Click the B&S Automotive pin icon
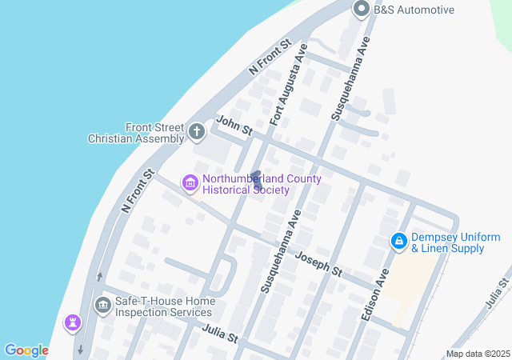click(x=361, y=10)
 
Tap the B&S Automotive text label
click(x=414, y=10)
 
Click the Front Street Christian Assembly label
click(x=136, y=133)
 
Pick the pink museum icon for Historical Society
click(x=190, y=184)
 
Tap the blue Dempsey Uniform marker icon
click(x=398, y=241)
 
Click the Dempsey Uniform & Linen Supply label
click(x=455, y=243)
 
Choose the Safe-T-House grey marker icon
click(x=102, y=305)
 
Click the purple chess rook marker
click(x=73, y=323)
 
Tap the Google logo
click(x=26, y=350)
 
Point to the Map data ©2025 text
click(x=477, y=354)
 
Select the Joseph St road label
click(x=318, y=263)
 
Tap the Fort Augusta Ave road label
click(x=289, y=86)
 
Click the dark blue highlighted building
click(x=256, y=181)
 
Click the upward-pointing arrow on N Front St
click(x=98, y=277)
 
